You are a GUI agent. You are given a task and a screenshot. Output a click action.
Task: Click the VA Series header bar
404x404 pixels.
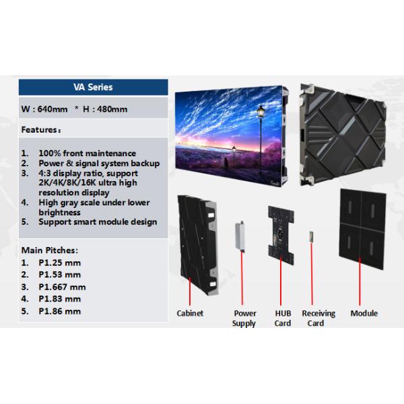point(93,87)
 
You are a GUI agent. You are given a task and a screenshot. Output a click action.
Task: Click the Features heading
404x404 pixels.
point(42,129)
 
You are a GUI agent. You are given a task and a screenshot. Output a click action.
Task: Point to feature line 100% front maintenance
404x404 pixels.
point(87,154)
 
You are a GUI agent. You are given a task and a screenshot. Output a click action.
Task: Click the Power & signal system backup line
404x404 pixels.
point(98,164)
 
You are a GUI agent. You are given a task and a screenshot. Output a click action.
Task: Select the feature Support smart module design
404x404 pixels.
point(97,222)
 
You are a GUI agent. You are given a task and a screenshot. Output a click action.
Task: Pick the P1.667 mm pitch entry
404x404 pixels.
point(62,287)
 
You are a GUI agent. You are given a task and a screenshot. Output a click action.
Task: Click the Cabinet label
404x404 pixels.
point(190,314)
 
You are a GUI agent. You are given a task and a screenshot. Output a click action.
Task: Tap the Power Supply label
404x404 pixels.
point(244,318)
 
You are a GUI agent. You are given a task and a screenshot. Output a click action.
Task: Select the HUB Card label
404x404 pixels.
point(283,318)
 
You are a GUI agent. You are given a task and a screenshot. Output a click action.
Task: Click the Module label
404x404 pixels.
point(364,314)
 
